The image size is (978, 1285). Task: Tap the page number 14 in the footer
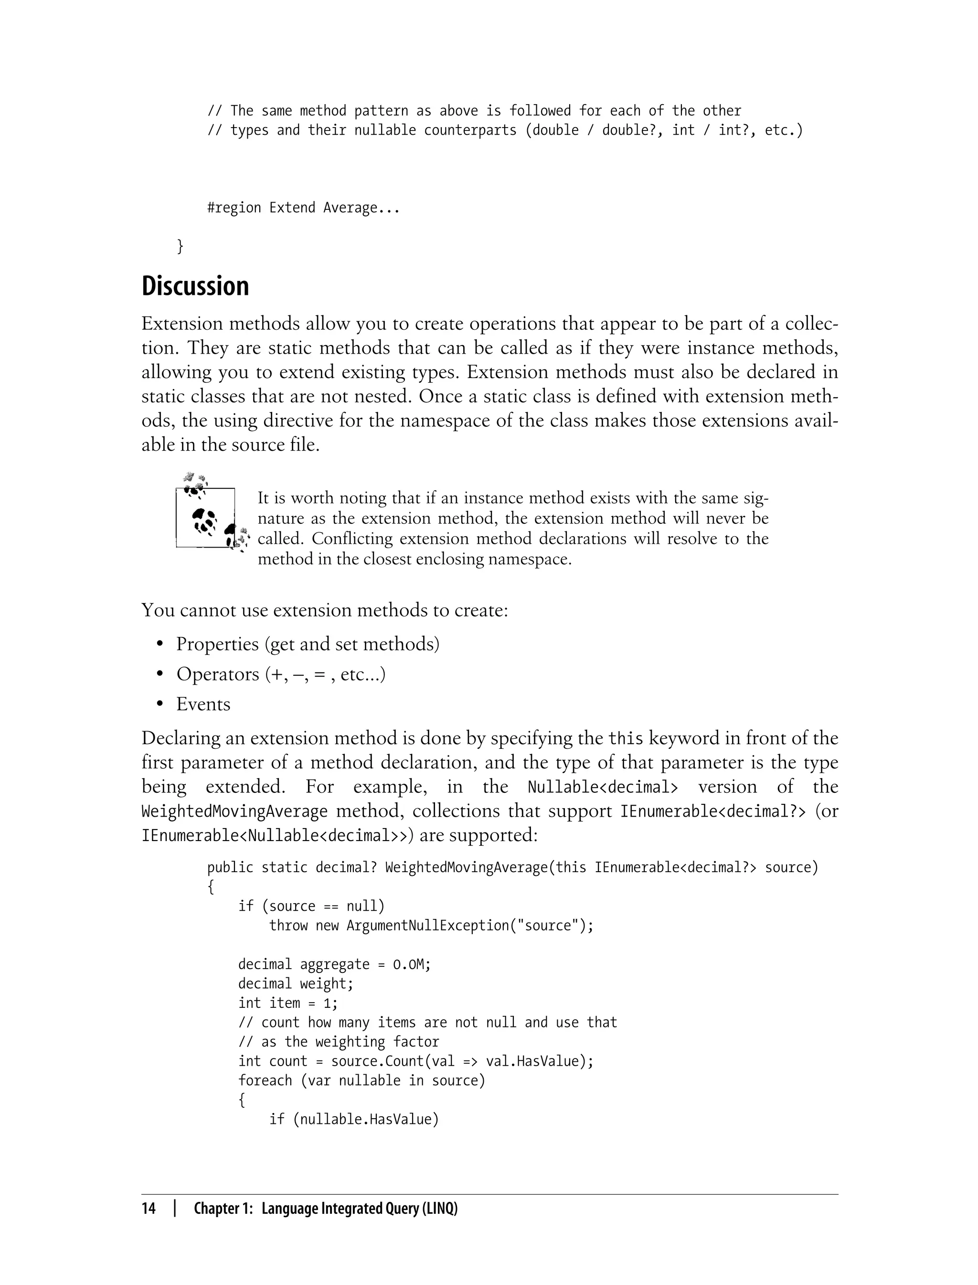click(x=149, y=1208)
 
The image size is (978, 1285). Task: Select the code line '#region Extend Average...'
click(x=303, y=208)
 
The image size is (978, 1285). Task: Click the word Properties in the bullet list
click(x=217, y=644)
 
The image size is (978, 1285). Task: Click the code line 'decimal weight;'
click(x=295, y=984)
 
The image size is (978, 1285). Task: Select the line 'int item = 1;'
click(x=287, y=1003)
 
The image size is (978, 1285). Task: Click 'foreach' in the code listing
click(x=265, y=1080)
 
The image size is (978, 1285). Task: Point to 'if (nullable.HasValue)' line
click(x=353, y=1120)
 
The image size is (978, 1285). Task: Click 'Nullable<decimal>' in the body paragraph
click(x=603, y=788)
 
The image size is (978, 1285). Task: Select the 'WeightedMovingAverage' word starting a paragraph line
click(x=234, y=811)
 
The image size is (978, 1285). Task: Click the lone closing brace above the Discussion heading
click(x=180, y=247)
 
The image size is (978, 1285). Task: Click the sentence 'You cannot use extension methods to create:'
click(x=325, y=610)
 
